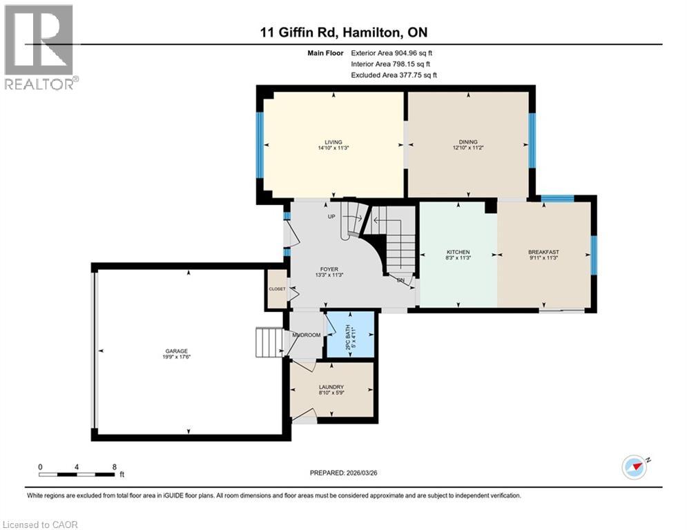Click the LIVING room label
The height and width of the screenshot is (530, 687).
[334, 142]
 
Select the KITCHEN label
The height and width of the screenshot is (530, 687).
[458, 252]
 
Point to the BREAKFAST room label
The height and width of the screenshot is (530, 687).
[543, 252]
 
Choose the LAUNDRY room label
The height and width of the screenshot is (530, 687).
[331, 387]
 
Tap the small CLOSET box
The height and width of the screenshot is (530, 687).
[277, 289]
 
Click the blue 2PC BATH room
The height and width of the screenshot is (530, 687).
[350, 335]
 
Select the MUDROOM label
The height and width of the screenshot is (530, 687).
[306, 335]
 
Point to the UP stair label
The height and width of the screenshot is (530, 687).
[331, 217]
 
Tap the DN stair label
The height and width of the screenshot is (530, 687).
[400, 280]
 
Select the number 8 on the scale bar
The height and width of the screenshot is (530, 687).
[113, 467]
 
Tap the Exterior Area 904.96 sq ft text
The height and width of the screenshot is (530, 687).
[391, 52]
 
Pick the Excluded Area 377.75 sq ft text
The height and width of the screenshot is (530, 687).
[394, 75]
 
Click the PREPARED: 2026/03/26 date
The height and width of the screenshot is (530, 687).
[343, 473]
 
